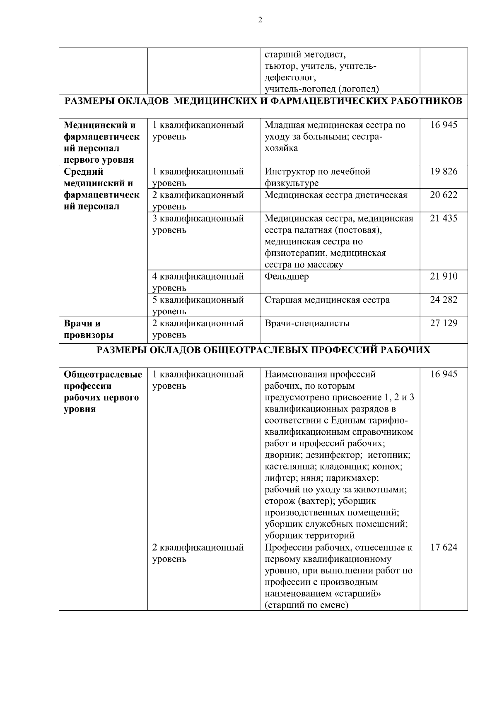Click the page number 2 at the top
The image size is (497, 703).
pos(260,20)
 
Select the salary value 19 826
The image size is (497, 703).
pos(444,171)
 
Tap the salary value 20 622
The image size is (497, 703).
pos(444,195)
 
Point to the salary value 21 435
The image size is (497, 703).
pos(444,218)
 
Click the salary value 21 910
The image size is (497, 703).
pos(444,276)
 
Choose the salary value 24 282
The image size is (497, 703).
pos(444,299)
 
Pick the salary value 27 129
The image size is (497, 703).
pos(444,323)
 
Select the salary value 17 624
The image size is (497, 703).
pos(444,547)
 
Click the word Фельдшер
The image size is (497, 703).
pos(287,277)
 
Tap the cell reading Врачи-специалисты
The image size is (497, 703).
pos(307,323)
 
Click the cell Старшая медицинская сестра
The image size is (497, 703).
pos(327,300)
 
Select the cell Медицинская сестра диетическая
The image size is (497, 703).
pos(336,195)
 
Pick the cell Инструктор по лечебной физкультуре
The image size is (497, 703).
pos(317,177)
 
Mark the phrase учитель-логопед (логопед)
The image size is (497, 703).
pos(322,89)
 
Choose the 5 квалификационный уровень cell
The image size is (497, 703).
pos(198,305)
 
